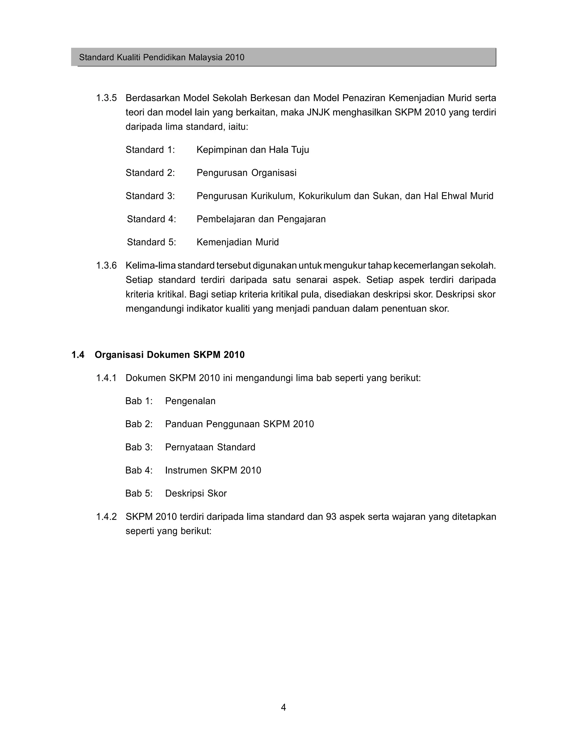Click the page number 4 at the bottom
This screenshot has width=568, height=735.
point(283,708)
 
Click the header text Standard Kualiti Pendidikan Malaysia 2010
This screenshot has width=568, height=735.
point(161,57)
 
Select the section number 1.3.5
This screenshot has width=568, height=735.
point(106,98)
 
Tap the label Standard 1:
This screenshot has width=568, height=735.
point(150,150)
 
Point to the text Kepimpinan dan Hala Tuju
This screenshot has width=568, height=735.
point(252,150)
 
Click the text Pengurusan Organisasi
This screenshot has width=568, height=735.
point(246,173)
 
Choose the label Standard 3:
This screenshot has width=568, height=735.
point(150,196)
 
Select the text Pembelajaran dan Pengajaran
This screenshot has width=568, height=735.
point(261,219)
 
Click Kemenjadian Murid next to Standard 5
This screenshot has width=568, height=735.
point(238,242)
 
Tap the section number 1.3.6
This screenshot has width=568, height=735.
point(106,265)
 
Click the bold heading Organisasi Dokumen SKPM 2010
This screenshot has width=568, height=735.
point(169,355)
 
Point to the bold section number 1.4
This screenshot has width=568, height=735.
point(78,355)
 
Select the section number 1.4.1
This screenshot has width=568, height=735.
point(106,378)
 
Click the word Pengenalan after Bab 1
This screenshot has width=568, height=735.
point(190,401)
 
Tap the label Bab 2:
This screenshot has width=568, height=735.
point(139,424)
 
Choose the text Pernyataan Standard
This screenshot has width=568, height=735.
point(210,447)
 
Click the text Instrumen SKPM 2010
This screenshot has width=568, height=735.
point(213,470)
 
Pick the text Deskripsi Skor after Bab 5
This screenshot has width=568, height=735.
point(196,494)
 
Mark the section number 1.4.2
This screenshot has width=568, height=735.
point(106,517)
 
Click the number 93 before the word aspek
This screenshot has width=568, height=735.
point(331,517)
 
